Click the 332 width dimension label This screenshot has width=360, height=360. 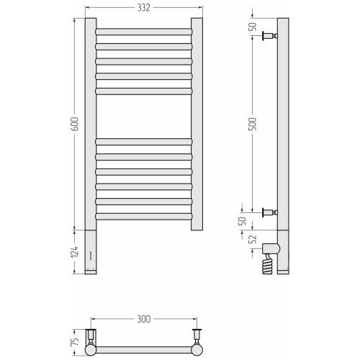pyautogui.click(x=143, y=8)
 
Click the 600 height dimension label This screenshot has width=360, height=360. pyautogui.click(x=75, y=124)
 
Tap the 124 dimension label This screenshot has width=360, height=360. pyautogui.click(x=75, y=251)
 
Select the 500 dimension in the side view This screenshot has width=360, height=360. pyautogui.click(x=252, y=124)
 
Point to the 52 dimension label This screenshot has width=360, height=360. pyautogui.click(x=253, y=239)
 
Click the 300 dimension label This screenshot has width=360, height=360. pyautogui.click(x=144, y=319)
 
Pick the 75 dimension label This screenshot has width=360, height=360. pyautogui.click(x=76, y=341)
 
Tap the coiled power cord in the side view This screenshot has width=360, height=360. pyautogui.click(x=267, y=264)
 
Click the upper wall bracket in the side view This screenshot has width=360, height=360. pyautogui.click(x=270, y=36)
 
